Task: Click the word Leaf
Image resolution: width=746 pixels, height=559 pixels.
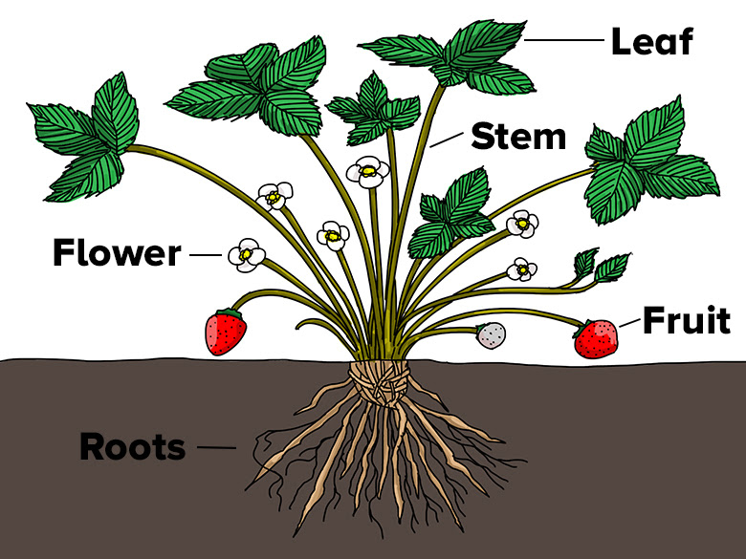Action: click(x=651, y=41)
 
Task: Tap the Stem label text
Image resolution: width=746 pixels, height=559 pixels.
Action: click(x=517, y=137)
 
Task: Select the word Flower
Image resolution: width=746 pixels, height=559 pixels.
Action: click(x=116, y=254)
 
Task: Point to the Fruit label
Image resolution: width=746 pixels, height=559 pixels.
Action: click(x=686, y=321)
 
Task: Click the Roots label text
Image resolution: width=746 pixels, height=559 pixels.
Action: click(x=132, y=446)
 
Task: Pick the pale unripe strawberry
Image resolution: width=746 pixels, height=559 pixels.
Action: click(x=492, y=335)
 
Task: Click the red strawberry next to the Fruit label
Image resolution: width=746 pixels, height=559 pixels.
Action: click(x=596, y=339)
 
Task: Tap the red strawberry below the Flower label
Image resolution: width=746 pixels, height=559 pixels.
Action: click(x=226, y=332)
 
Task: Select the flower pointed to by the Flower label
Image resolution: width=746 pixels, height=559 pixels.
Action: click(x=247, y=254)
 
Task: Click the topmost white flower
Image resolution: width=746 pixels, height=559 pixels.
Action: click(x=367, y=172)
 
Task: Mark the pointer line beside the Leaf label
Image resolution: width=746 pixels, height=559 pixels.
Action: click(x=565, y=41)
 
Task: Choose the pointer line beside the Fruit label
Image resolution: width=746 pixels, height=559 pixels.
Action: click(x=629, y=323)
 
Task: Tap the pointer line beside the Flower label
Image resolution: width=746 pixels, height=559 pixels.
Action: click(x=206, y=255)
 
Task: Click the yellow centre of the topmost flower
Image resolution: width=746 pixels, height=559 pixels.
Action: click(x=367, y=173)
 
